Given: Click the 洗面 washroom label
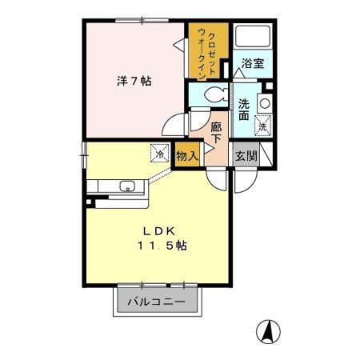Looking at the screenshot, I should (x=245, y=110).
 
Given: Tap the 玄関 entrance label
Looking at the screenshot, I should (x=246, y=155).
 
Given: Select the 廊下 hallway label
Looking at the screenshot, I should (x=217, y=133).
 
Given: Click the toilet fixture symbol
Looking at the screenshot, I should (x=210, y=95).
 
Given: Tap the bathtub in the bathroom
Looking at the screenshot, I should (x=252, y=37).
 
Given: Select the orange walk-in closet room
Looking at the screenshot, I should (x=209, y=51).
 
